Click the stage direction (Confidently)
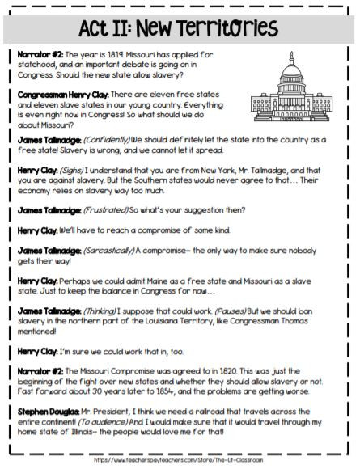tap(98, 140)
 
